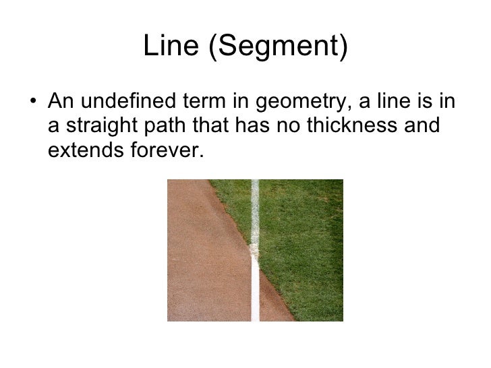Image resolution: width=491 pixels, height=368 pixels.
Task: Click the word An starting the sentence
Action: point(59,104)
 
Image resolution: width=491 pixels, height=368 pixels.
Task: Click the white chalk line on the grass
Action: point(255,209)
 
